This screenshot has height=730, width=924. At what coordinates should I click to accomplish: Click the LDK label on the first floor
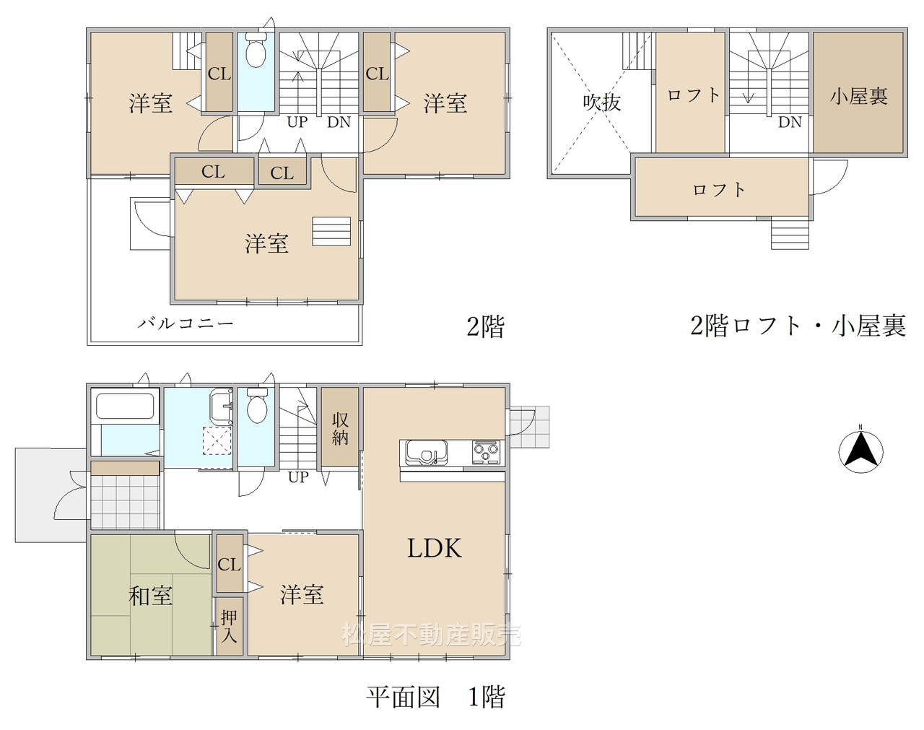[434, 548]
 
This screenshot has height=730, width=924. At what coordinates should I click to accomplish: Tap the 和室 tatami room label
[150, 596]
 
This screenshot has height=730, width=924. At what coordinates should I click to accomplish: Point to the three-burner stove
[486, 452]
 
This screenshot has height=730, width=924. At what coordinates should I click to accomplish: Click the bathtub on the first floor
[125, 406]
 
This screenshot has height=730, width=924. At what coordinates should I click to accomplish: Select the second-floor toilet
[256, 50]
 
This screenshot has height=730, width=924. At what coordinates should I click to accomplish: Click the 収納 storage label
[340, 428]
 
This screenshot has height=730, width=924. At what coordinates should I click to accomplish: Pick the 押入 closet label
[228, 627]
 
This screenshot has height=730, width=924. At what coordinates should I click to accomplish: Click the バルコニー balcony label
[186, 323]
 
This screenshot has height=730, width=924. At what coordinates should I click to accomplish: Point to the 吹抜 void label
[601, 103]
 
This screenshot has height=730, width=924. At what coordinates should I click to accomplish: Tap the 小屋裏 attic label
[859, 96]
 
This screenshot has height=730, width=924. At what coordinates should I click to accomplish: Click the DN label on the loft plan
[790, 122]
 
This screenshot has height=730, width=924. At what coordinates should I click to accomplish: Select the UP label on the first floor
[298, 477]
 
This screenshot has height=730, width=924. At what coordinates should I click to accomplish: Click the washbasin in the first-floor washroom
[222, 407]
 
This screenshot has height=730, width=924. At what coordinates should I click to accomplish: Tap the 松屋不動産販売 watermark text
[432, 635]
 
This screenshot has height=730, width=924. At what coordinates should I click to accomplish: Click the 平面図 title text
[404, 697]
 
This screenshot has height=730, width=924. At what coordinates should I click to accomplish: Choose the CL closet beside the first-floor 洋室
[230, 564]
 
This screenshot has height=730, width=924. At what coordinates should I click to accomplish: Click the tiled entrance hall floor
[125, 502]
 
